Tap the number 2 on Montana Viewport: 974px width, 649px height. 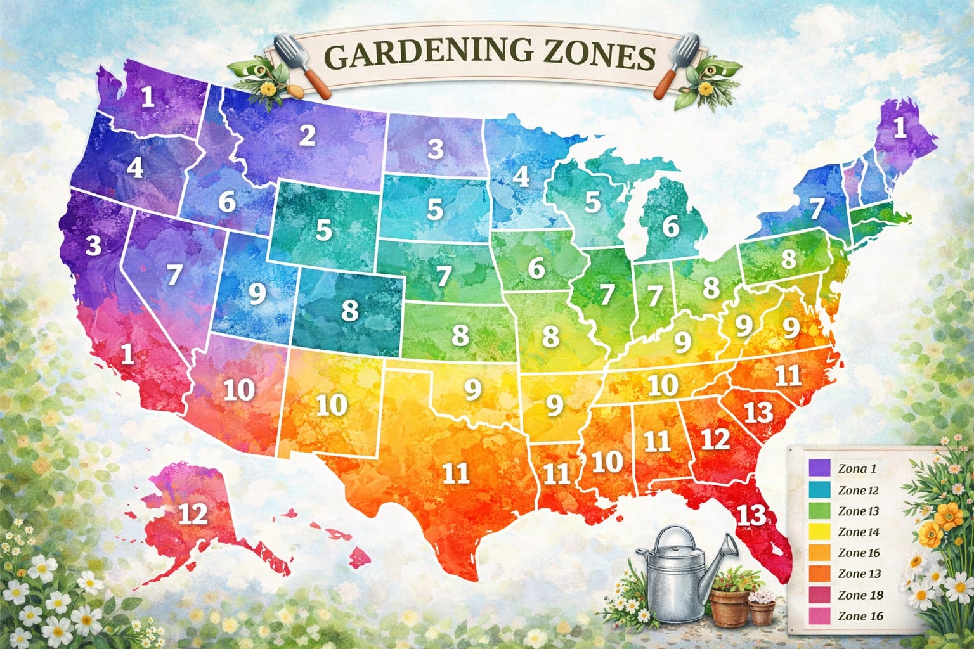pyautogui.click(x=308, y=136)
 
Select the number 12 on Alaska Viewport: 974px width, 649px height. pyautogui.click(x=193, y=514)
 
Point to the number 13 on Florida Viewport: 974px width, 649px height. pyautogui.click(x=753, y=515)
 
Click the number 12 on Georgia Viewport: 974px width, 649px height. pyautogui.click(x=716, y=439)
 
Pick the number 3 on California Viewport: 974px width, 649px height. pyautogui.click(x=94, y=246)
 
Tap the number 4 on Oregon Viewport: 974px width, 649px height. pyautogui.click(x=134, y=169)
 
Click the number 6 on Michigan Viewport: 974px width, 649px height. pyautogui.click(x=670, y=226)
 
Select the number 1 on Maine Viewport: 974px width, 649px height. pyautogui.click(x=899, y=129)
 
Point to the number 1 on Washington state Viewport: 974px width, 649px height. pyautogui.click(x=148, y=98)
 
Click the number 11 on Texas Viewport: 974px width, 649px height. pyautogui.click(x=455, y=473)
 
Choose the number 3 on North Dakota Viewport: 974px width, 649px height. pyautogui.click(x=435, y=150)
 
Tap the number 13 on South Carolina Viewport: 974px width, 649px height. pyautogui.click(x=758, y=413)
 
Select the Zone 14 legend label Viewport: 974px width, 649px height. pyautogui.click(x=859, y=532)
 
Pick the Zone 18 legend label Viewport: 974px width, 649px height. pyautogui.click(x=860, y=595)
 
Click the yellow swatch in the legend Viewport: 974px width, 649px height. pyautogui.click(x=819, y=532)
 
